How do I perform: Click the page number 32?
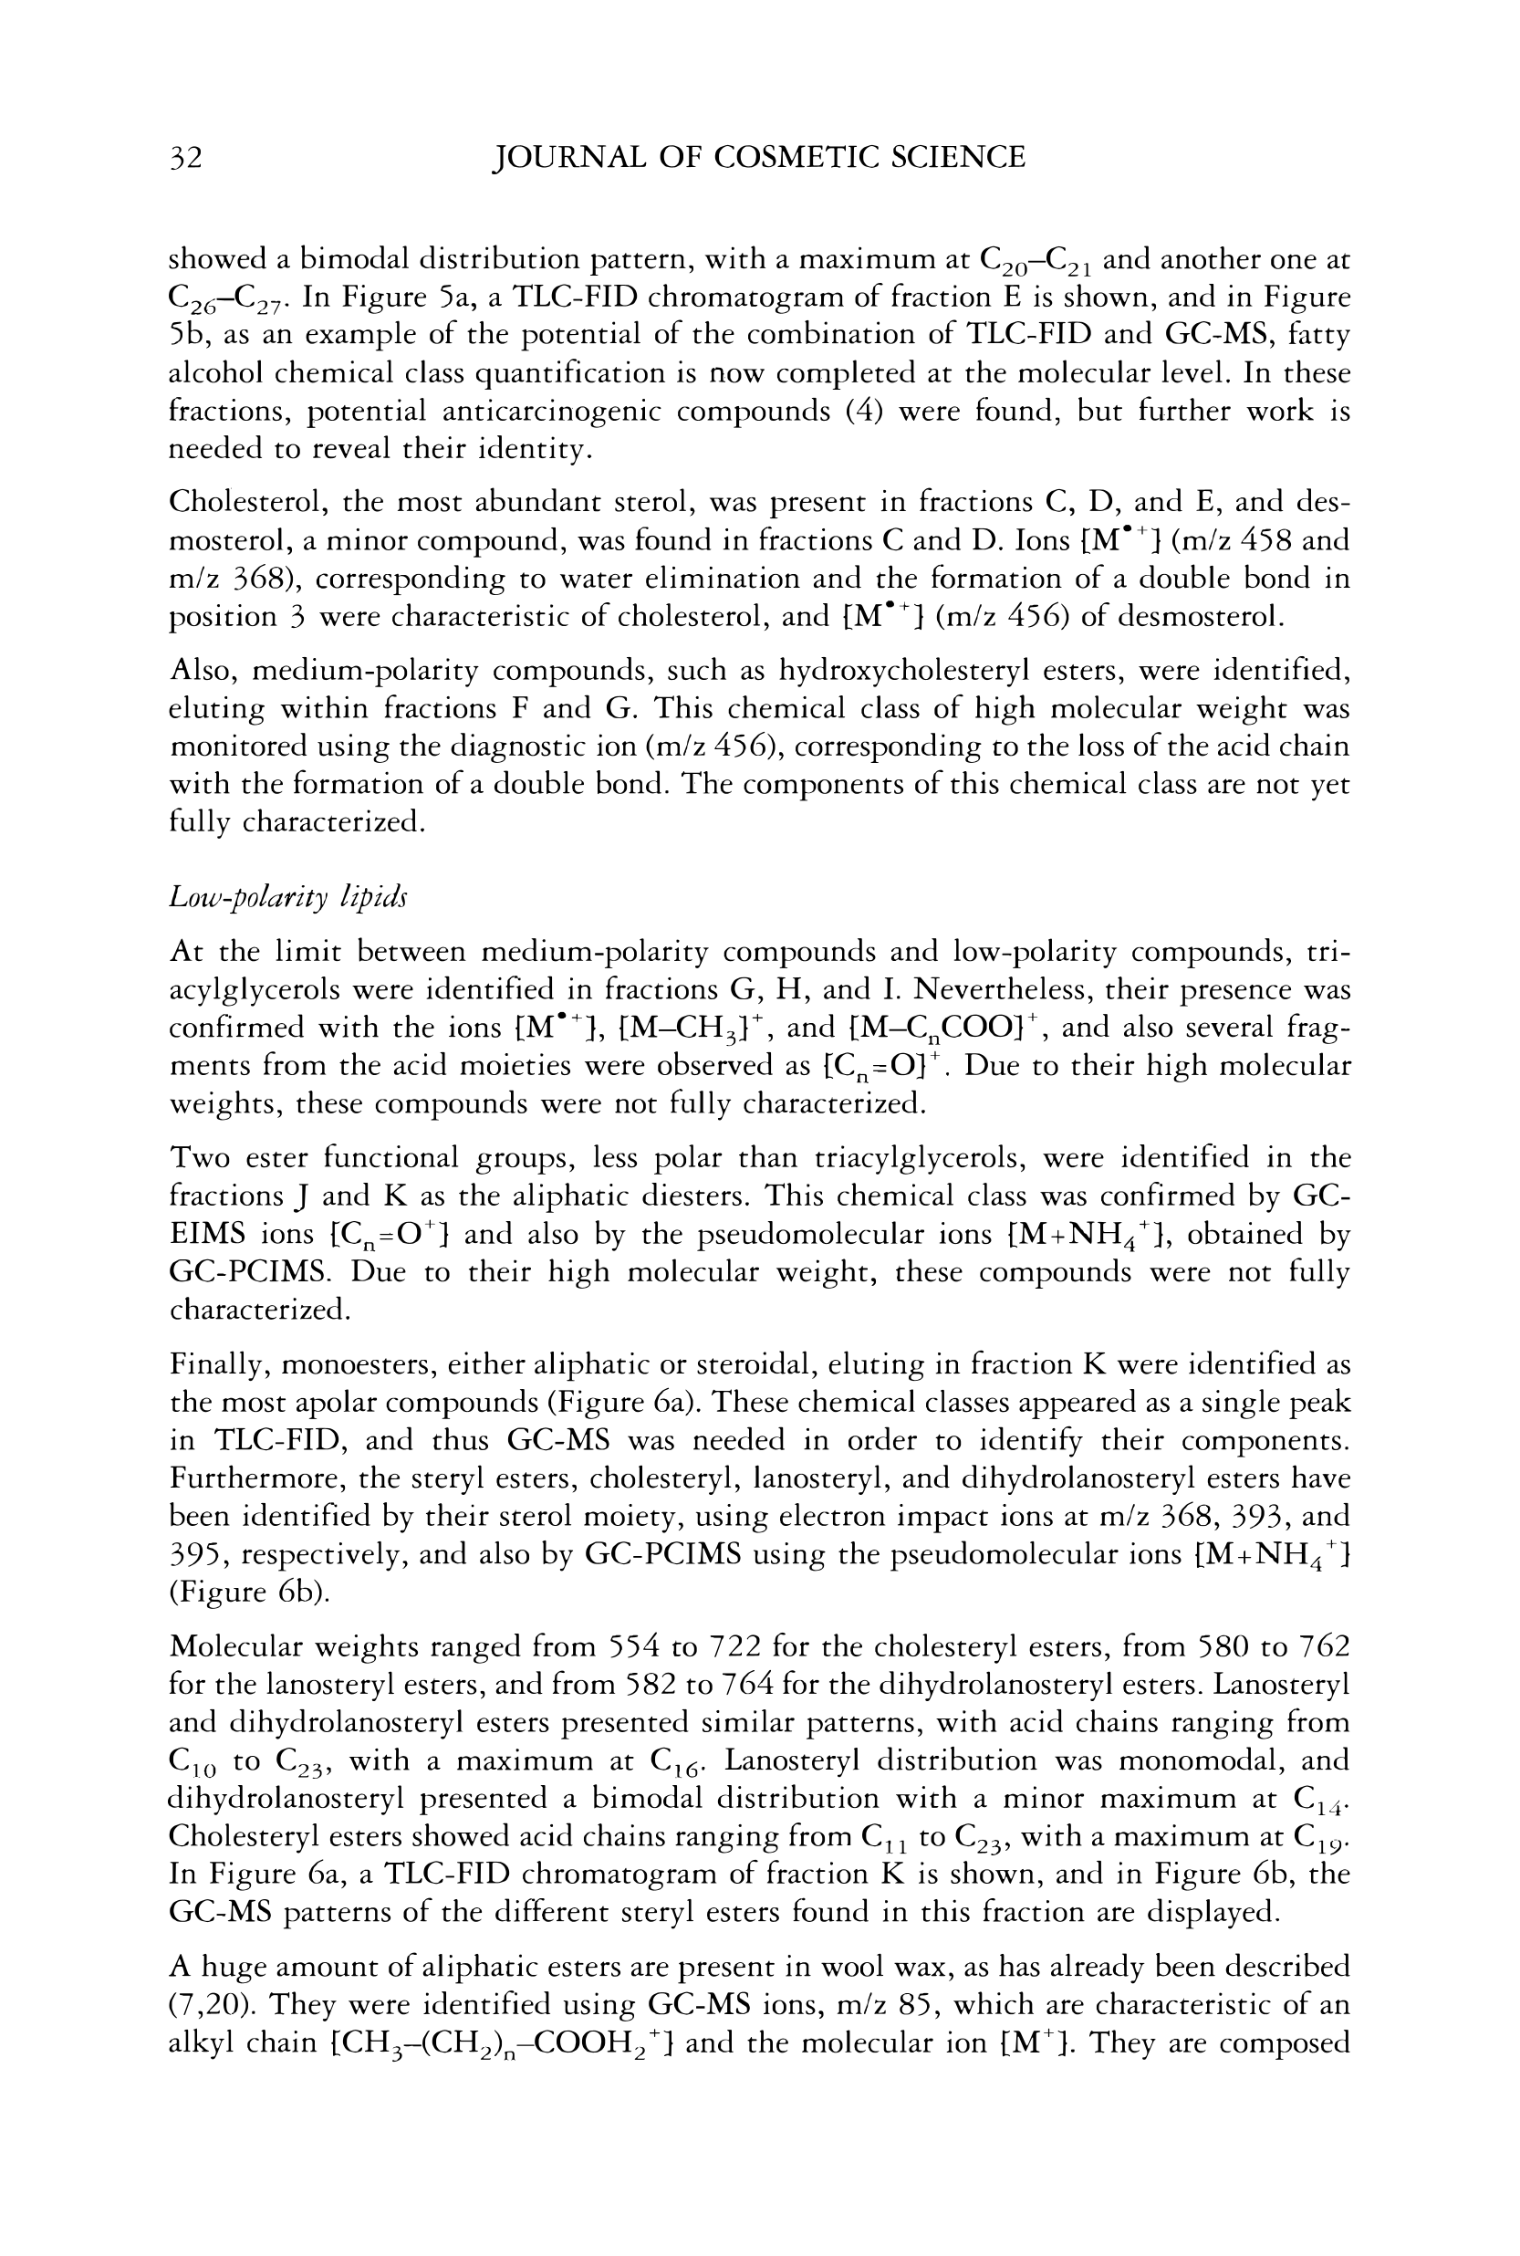(185, 157)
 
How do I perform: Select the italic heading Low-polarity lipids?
(288, 898)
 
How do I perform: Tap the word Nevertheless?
(1003, 989)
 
